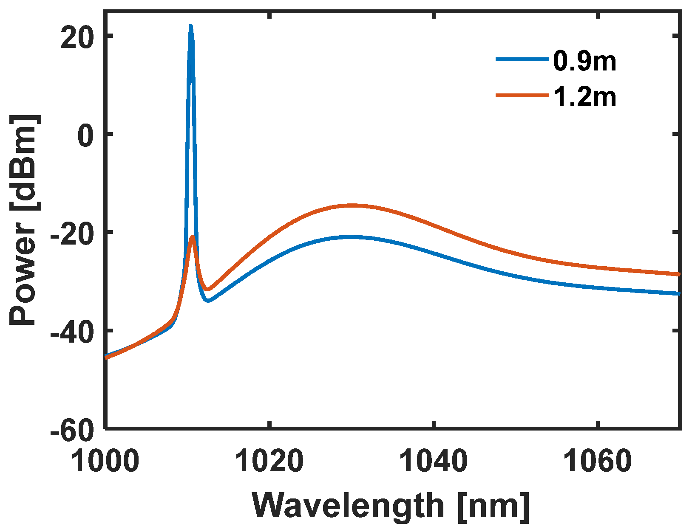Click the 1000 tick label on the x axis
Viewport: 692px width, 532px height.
coord(105,462)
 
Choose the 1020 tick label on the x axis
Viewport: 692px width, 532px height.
coord(269,462)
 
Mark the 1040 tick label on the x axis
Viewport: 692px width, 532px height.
coord(433,462)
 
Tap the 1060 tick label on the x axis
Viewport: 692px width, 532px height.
coord(597,462)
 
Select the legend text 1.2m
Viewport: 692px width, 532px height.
coord(584,97)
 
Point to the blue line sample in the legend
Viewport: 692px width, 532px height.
coord(522,60)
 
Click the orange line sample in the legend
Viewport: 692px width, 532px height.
coord(522,96)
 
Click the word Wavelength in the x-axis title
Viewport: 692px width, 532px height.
coord(348,506)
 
